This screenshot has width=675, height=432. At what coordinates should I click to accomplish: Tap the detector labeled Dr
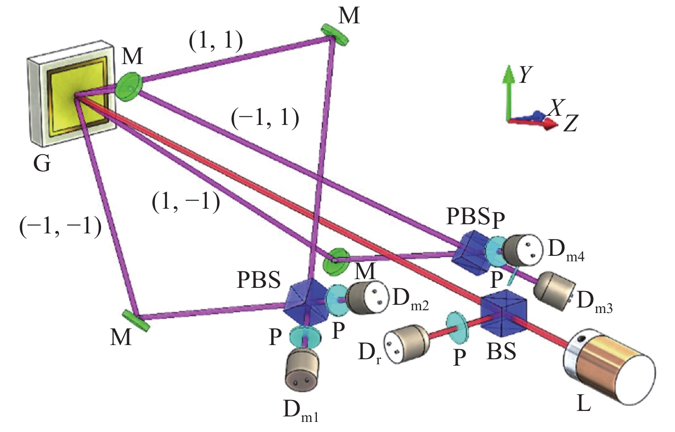tap(406, 344)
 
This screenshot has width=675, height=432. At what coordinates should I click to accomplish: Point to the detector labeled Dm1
tap(302, 368)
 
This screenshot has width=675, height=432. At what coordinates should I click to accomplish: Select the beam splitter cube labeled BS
tap(503, 311)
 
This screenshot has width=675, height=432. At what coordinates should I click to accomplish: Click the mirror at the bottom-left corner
tap(136, 320)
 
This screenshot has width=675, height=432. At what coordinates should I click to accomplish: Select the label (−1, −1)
tap(60, 226)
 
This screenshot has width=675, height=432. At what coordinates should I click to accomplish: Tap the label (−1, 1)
tap(265, 118)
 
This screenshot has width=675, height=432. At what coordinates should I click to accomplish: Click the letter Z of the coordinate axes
tap(570, 124)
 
